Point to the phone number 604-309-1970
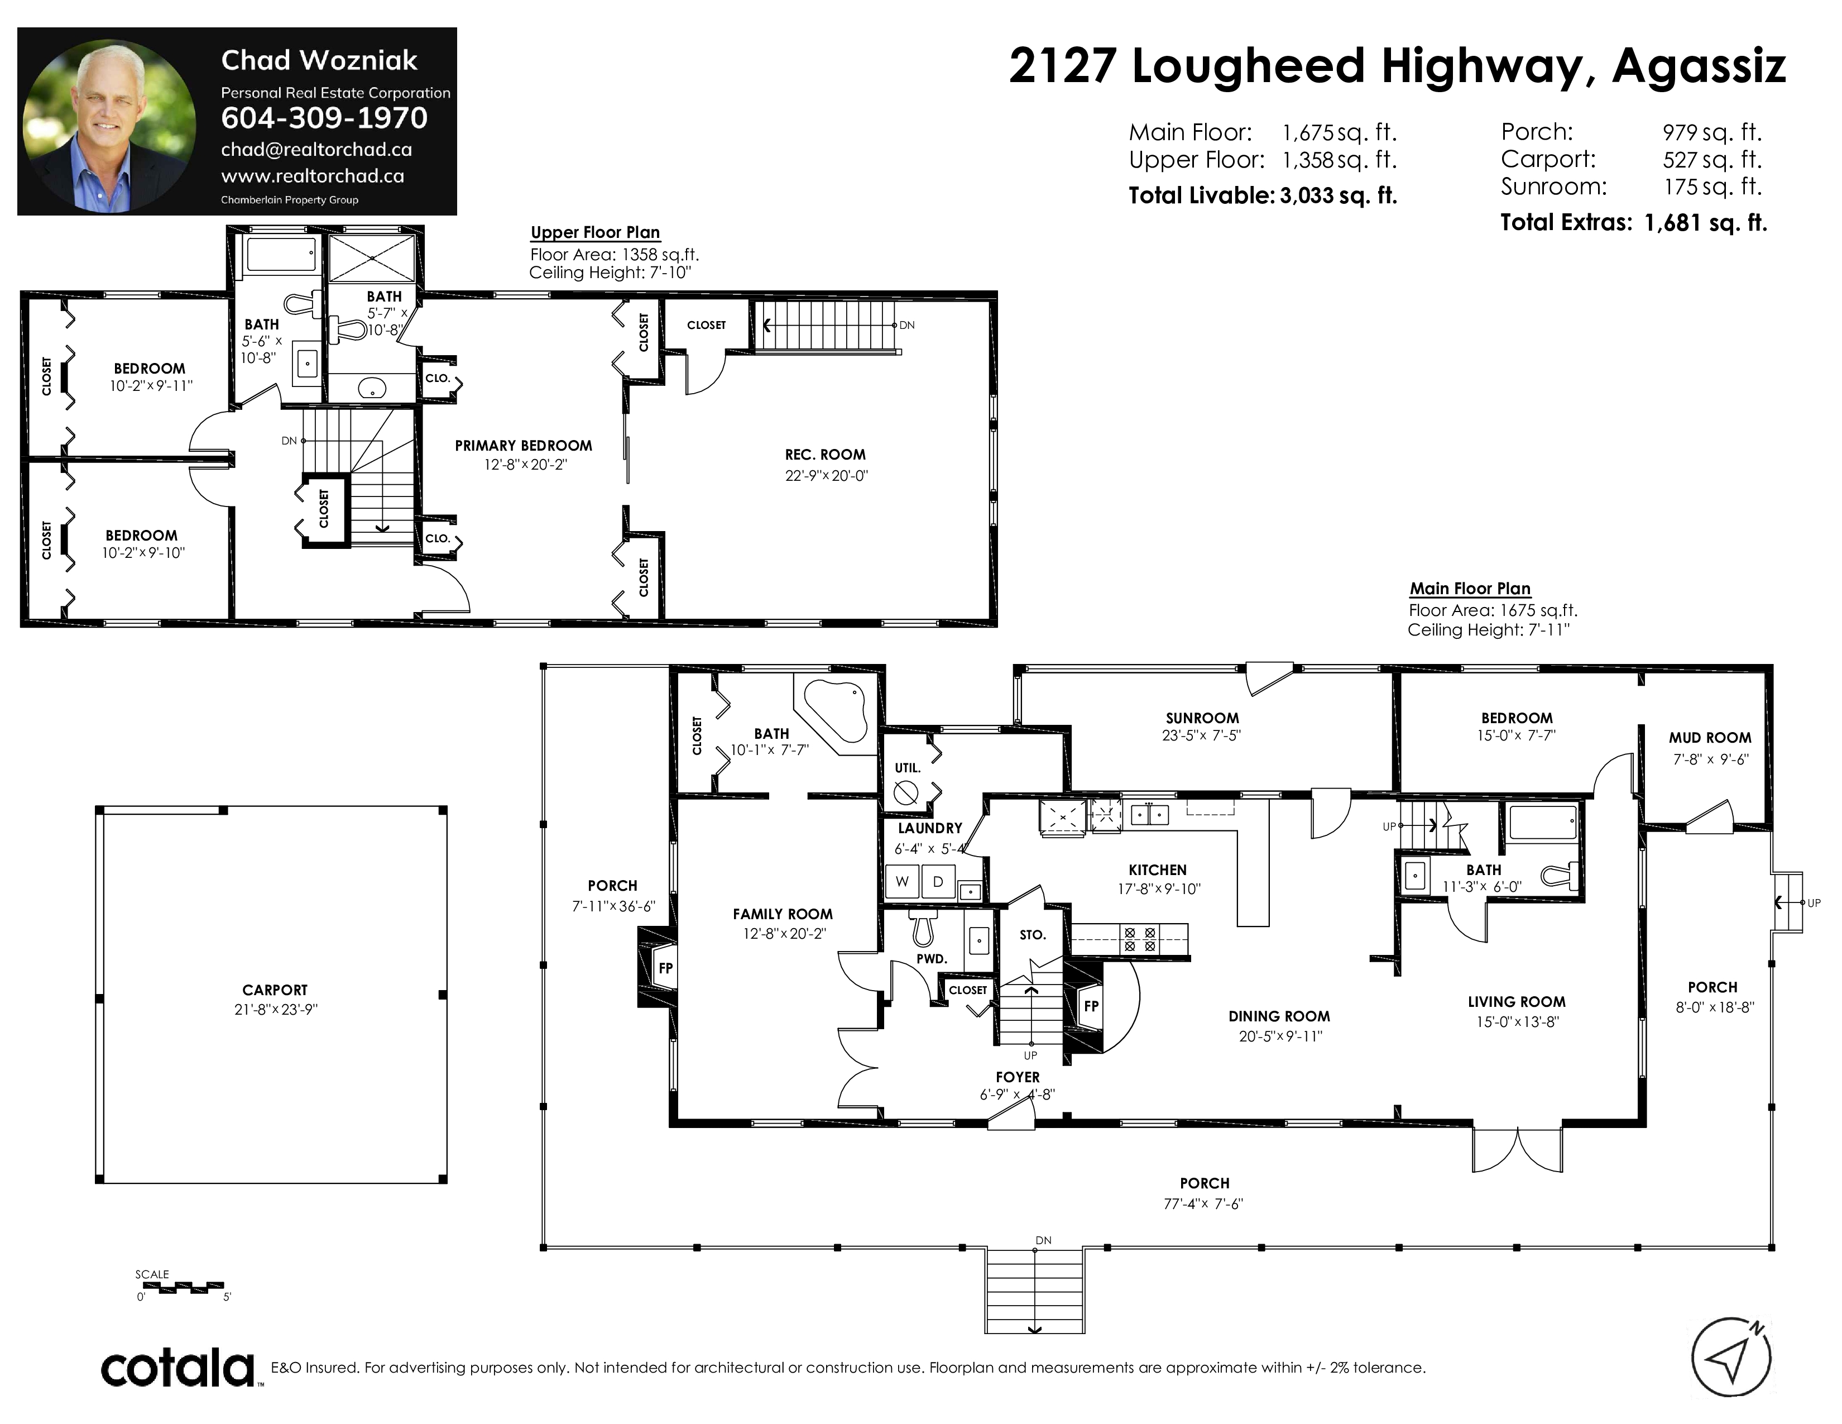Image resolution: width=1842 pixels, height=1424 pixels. click(x=324, y=118)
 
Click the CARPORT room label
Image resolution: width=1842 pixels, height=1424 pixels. click(x=275, y=990)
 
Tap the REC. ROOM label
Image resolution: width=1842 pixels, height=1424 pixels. click(x=825, y=455)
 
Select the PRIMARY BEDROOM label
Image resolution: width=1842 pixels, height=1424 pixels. click(x=523, y=446)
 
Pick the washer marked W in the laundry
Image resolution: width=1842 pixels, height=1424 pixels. click(x=901, y=882)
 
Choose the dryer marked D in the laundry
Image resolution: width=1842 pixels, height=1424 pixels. click(x=938, y=882)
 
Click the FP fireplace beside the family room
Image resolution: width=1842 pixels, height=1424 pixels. click(x=655, y=968)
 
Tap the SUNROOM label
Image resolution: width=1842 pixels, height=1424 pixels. click(x=1202, y=718)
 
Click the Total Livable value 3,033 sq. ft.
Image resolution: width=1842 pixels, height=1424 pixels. click(x=1339, y=195)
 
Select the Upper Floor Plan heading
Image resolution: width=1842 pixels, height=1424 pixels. click(x=596, y=233)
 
